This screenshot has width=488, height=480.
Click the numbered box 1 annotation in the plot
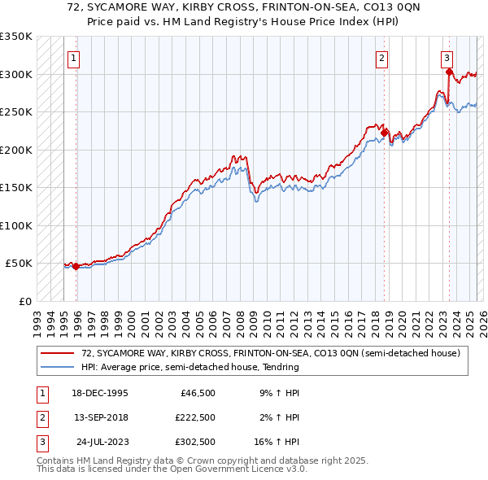[74, 58]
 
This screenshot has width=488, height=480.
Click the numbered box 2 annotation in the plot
[381, 58]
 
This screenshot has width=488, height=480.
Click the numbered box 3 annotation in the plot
[447, 58]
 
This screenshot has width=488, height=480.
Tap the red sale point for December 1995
[76, 266]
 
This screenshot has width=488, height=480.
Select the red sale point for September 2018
[385, 132]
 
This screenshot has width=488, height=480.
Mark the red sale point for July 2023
[449, 72]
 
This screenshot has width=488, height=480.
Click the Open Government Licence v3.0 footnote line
[172, 469]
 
